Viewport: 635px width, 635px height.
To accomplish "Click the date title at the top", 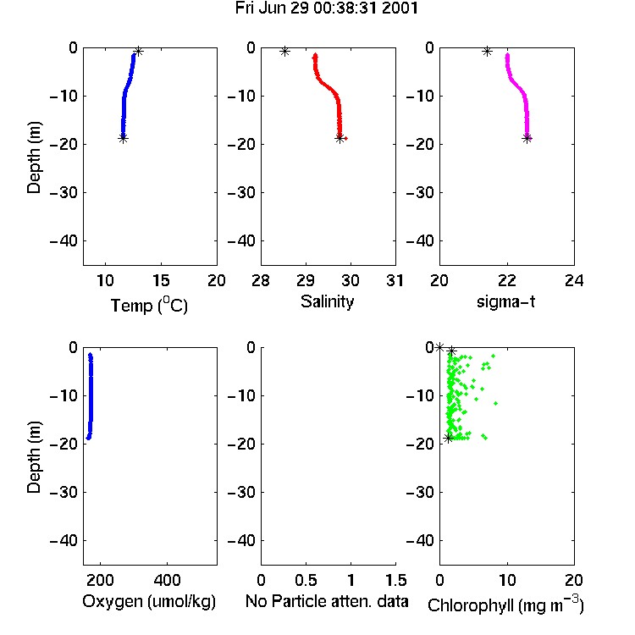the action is (327, 8).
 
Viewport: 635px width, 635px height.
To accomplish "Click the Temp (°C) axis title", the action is (149, 305).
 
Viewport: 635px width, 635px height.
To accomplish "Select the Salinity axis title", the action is (327, 301).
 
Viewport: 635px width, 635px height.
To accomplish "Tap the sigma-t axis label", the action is (505, 301).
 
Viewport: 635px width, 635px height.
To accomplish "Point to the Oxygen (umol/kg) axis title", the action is (149, 601).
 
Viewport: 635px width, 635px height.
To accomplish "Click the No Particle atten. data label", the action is (327, 601).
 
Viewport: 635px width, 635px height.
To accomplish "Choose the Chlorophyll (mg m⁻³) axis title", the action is (505, 605).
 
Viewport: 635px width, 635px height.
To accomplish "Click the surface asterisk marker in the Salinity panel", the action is (284, 52).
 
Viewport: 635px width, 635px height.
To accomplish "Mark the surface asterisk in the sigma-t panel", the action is (487, 52).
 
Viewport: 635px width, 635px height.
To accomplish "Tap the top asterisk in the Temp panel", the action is (139, 52).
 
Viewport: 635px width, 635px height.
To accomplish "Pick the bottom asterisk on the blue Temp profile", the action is (123, 138).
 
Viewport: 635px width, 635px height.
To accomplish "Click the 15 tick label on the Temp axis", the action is (161, 280).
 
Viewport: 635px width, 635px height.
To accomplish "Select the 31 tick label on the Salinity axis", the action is (395, 280).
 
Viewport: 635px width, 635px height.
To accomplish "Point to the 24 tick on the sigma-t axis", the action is (574, 280).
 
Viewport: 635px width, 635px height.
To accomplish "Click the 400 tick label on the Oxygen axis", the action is (167, 580).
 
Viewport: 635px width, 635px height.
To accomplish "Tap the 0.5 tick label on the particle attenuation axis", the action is (306, 580).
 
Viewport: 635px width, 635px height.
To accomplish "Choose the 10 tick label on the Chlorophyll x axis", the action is (507, 580).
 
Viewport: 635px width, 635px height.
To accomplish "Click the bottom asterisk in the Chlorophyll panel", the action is (448, 438).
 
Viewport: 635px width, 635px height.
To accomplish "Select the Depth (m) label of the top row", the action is (34, 157).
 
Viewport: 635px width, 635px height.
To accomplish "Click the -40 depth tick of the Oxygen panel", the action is (63, 540).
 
